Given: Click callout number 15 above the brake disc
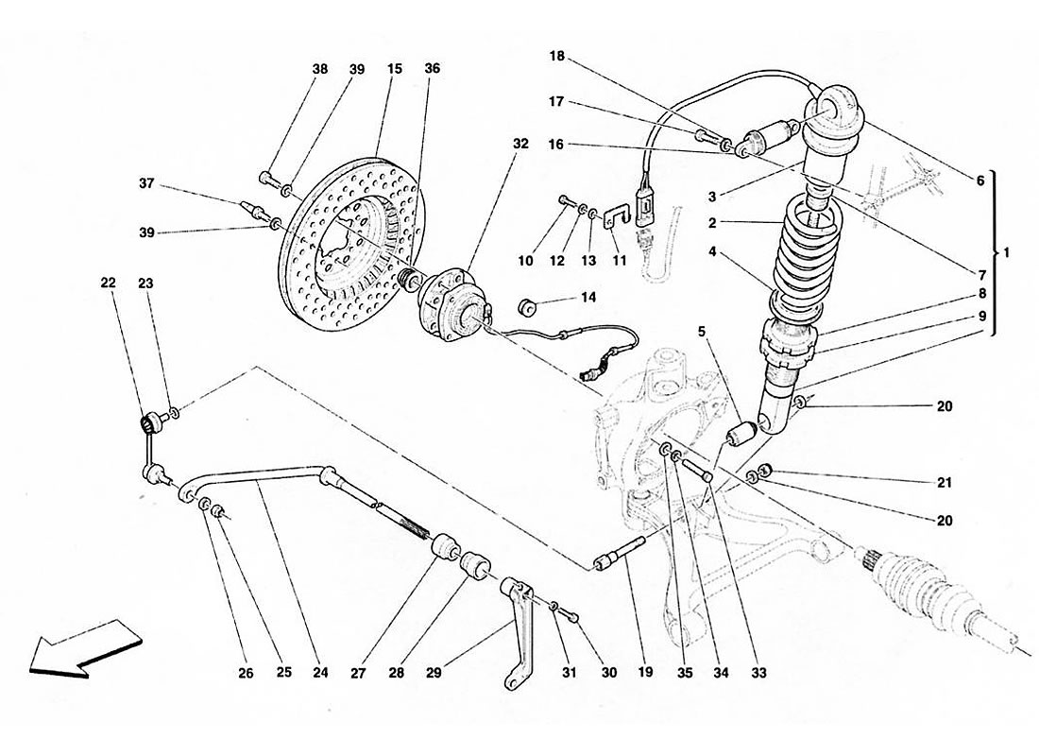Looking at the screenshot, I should point(394,69).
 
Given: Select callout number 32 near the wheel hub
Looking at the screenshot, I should point(520,145).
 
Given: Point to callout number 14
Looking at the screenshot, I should point(588,298).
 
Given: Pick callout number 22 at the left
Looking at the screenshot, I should point(110,282).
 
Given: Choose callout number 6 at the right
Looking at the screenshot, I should point(979,180).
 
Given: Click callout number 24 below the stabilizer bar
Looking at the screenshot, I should point(321,674).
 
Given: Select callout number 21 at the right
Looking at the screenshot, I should point(945,482).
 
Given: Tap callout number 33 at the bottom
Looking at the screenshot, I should point(759,674).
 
